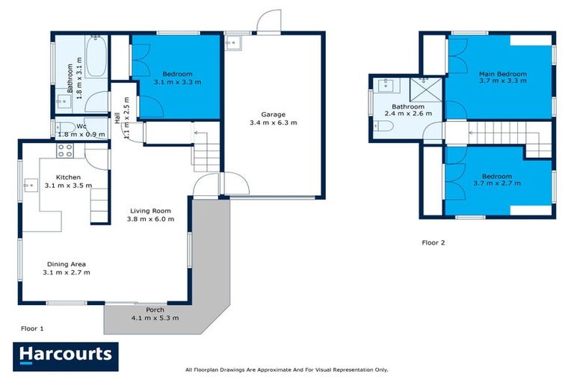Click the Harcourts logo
(x=66, y=354)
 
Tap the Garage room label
(x=272, y=114)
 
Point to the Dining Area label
(x=66, y=264)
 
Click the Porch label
(x=155, y=310)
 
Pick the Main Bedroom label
(x=502, y=74)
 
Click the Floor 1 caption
(x=32, y=328)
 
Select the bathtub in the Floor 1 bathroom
(x=96, y=58)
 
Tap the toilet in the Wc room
(x=65, y=127)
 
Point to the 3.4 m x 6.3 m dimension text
(x=272, y=123)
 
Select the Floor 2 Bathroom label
(x=409, y=106)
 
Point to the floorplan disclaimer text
(x=286, y=370)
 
